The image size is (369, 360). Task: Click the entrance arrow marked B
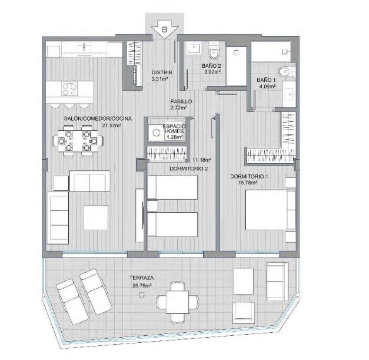click(x=165, y=29)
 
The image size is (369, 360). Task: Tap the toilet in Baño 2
click(x=214, y=50)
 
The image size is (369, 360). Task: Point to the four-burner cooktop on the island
click(x=69, y=89)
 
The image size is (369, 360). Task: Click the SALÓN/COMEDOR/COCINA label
click(x=98, y=118)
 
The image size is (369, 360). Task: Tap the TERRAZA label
click(x=141, y=278)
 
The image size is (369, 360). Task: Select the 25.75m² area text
click(x=142, y=286)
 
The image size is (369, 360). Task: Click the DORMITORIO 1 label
click(x=249, y=176)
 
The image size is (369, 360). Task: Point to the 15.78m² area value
click(x=248, y=182)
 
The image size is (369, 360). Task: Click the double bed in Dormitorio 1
click(x=271, y=210)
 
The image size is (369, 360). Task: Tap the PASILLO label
click(x=181, y=101)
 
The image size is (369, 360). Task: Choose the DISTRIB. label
click(x=162, y=72)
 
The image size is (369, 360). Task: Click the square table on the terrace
click(x=178, y=302)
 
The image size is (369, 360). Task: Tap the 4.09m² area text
click(x=268, y=87)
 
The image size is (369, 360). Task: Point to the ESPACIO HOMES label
click(x=174, y=129)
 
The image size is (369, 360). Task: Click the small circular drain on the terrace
click(x=141, y=295)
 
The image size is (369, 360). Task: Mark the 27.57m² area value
click(x=112, y=125)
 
